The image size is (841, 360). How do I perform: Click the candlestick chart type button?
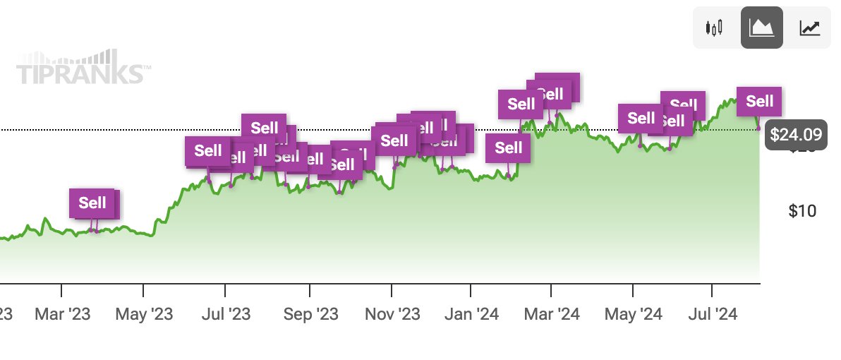click(714, 28)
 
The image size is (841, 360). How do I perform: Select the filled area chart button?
click(761, 28)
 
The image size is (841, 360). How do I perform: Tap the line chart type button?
click(809, 28)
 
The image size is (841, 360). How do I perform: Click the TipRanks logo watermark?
click(83, 68)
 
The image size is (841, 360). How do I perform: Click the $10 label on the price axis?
click(802, 210)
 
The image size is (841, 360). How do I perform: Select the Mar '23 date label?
click(63, 314)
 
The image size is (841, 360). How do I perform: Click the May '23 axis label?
click(144, 314)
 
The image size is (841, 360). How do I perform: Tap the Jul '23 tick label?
click(226, 314)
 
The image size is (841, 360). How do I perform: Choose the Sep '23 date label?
click(310, 314)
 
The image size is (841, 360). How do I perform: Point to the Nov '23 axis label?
click(392, 314)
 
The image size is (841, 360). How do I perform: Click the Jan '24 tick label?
click(473, 314)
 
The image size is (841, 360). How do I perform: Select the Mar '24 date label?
click(552, 314)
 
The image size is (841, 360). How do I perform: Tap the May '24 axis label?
click(634, 314)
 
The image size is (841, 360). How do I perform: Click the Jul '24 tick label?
click(713, 314)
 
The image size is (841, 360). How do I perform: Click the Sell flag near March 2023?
click(92, 203)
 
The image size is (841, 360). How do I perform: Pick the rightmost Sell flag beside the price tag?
click(759, 101)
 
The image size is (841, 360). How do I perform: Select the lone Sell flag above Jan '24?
click(508, 148)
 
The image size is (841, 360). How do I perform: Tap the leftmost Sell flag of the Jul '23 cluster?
click(207, 150)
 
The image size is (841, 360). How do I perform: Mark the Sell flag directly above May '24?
click(641, 118)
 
